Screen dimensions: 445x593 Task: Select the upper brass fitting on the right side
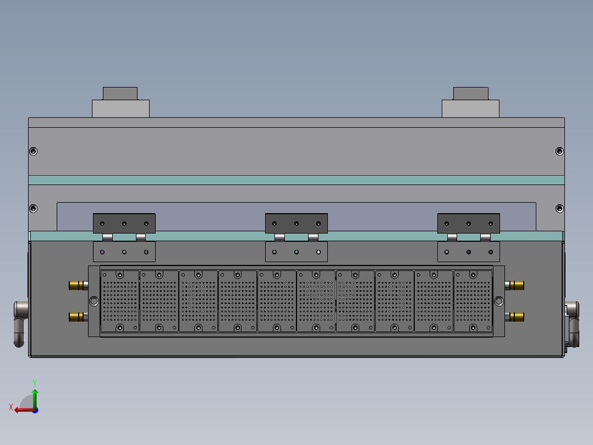click(516, 285)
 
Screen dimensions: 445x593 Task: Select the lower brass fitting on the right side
click(516, 316)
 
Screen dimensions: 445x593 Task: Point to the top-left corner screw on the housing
click(34, 151)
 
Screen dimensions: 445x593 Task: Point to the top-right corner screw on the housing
click(559, 151)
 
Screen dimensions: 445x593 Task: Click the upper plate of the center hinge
click(296, 223)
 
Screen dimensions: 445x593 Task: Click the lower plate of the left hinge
click(124, 252)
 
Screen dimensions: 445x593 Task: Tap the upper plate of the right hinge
click(468, 223)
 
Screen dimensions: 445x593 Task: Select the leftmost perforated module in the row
click(120, 301)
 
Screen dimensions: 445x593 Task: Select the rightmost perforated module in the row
click(473, 301)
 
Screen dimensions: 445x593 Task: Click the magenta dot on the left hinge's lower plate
click(102, 252)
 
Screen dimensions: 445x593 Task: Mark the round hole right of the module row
click(499, 301)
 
